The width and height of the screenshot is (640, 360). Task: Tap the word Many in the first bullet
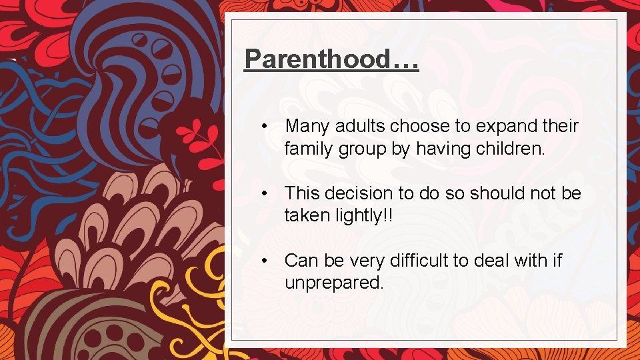click(x=308, y=126)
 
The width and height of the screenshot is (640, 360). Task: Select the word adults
click(x=361, y=126)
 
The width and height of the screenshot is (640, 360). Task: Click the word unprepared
click(x=334, y=283)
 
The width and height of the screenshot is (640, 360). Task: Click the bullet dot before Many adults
click(x=265, y=126)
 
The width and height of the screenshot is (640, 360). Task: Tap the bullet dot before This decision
click(x=265, y=193)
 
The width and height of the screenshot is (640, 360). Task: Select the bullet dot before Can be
click(x=265, y=260)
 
